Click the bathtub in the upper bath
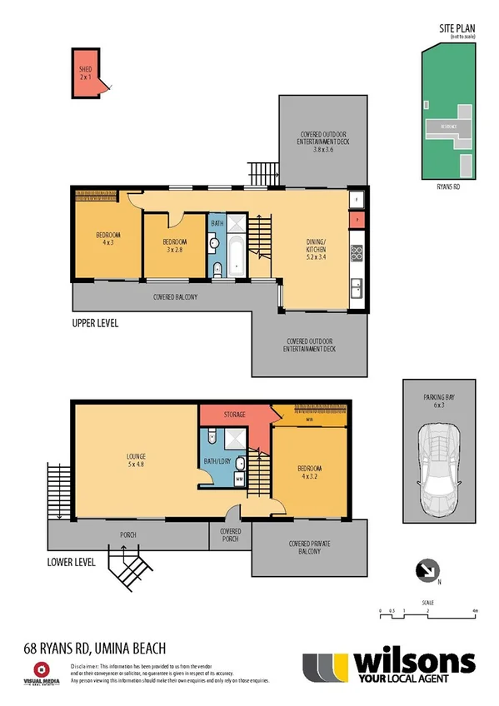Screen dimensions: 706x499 point(237,256)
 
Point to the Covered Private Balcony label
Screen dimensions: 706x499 point(309,549)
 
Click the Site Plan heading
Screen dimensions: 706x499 point(457,28)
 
